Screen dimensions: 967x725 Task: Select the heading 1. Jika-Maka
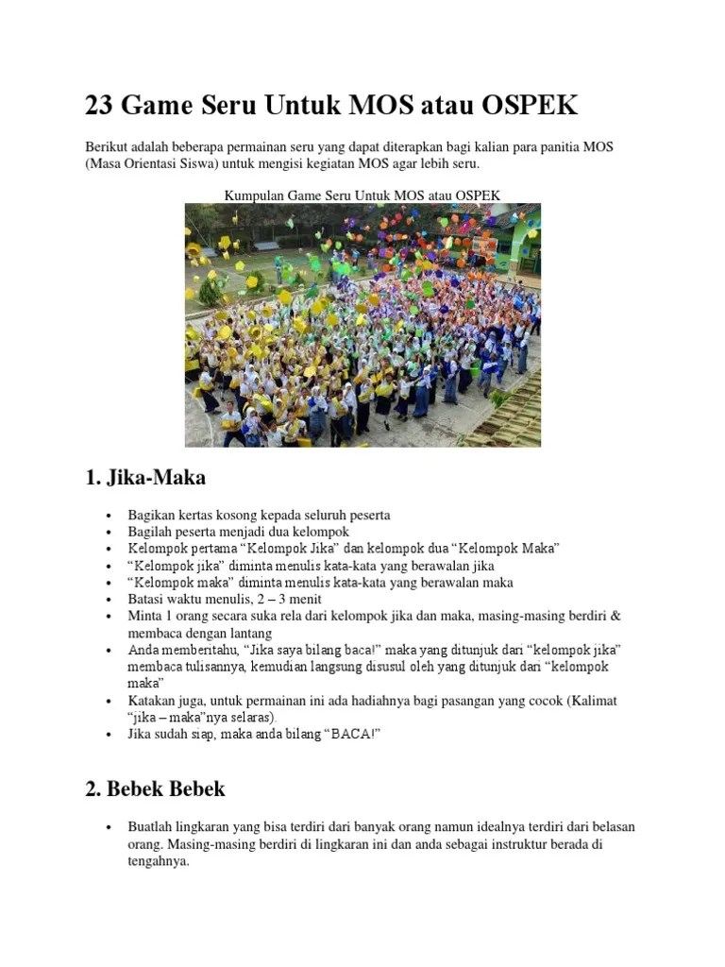click(x=144, y=477)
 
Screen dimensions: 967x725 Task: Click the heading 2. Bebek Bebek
click(x=156, y=788)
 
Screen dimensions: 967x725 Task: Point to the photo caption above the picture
click(x=362, y=195)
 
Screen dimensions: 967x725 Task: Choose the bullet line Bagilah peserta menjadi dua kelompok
click(x=239, y=533)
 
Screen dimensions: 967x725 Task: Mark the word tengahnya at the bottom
click(x=160, y=861)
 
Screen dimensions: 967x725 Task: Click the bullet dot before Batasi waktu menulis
click(x=110, y=600)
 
